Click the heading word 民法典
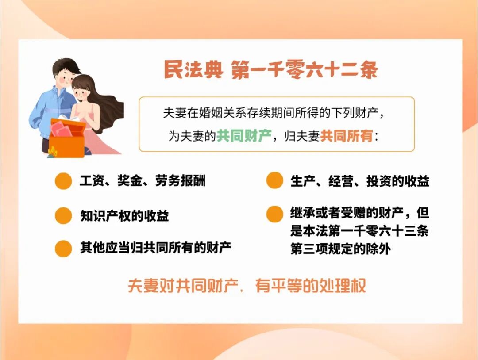point(193,70)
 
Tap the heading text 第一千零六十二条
point(305,70)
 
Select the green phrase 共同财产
point(244,136)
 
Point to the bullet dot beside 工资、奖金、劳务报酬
point(63,181)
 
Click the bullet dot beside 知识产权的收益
point(63,216)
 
